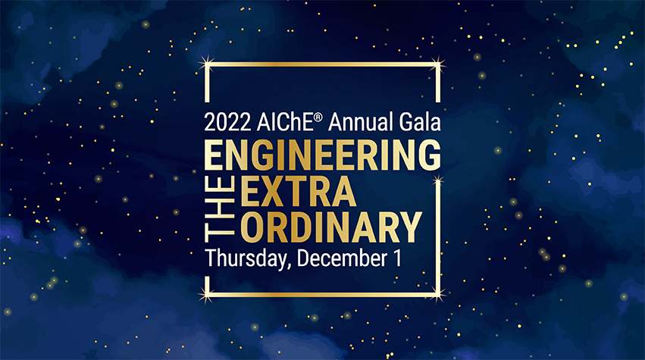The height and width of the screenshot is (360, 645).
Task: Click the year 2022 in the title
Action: tap(227, 122)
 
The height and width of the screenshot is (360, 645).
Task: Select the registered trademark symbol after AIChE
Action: tap(318, 117)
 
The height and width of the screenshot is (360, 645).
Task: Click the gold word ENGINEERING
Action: tap(323, 155)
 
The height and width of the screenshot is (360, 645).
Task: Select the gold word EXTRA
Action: tap(298, 191)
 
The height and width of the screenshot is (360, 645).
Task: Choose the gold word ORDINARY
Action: tap(331, 227)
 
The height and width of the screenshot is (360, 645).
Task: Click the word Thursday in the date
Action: tap(247, 258)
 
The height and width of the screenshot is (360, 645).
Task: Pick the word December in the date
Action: tap(342, 258)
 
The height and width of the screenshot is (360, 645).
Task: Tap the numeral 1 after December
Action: tap(397, 258)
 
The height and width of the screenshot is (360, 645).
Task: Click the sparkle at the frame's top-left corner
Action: tap(207, 64)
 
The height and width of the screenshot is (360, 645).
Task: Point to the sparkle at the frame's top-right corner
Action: tap(438, 64)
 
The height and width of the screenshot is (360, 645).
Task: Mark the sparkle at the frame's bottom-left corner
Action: tap(207, 295)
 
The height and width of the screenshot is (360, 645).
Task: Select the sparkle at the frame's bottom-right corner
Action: tap(439, 294)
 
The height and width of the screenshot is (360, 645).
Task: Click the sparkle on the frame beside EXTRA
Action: tap(438, 180)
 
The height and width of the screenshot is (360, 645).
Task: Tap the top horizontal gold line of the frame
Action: tap(323, 64)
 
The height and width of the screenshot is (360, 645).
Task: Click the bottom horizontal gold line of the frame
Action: tap(323, 295)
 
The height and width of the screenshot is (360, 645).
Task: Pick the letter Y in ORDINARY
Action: tap(409, 227)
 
